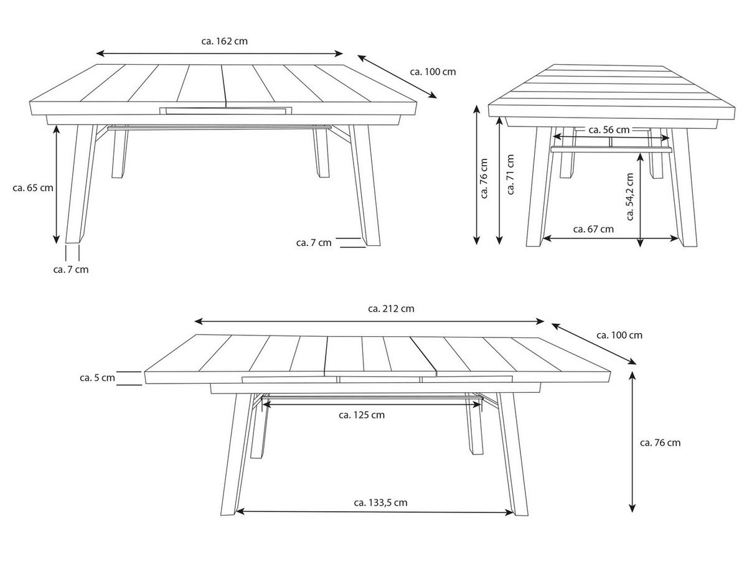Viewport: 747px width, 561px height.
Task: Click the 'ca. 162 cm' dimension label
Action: coord(224,41)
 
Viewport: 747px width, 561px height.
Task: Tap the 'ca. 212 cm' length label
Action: coord(391,308)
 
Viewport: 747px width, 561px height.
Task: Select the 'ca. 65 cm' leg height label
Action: coord(32,187)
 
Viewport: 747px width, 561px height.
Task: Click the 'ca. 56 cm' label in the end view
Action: coord(608,130)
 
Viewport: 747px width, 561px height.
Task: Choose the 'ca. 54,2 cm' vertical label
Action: coord(630,197)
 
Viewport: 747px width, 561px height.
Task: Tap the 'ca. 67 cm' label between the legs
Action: coord(593,229)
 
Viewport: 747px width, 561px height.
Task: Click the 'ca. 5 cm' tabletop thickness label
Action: coord(97,377)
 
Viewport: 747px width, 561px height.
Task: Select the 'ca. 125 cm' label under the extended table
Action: coord(361,415)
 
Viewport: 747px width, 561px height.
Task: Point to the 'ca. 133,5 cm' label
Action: coord(380,502)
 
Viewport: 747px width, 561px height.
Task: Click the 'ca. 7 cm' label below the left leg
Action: coord(71,269)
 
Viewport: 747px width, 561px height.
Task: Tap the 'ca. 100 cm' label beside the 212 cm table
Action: coord(619,335)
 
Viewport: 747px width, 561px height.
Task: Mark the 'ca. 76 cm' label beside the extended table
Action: coord(660,443)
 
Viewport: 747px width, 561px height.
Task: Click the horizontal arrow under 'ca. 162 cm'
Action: coord(220,54)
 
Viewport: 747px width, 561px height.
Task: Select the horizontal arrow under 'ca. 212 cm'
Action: coord(370,321)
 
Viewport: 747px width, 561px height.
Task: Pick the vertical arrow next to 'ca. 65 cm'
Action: coord(57,184)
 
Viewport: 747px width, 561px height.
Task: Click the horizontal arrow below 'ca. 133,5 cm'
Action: coord(375,512)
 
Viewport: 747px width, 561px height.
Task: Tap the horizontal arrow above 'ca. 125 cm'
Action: coord(372,403)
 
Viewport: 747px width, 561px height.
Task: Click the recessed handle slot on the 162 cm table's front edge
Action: coord(225,111)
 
